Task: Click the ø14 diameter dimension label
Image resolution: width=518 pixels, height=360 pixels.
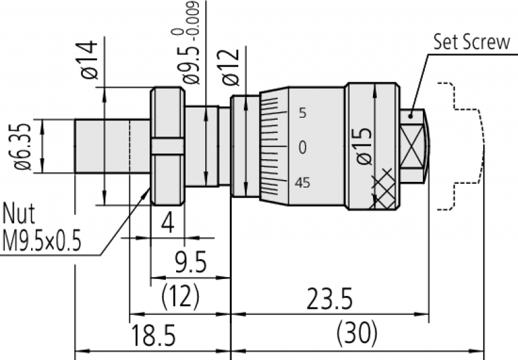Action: coord(89,60)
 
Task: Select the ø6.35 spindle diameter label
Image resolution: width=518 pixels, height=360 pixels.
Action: coord(23,147)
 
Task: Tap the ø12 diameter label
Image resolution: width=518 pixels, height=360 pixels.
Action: coord(231,67)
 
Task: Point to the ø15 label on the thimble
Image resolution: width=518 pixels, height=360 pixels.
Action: coord(364,146)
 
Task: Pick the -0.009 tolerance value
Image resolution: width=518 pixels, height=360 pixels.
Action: coord(195,18)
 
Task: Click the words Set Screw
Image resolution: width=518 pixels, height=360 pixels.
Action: coord(472,42)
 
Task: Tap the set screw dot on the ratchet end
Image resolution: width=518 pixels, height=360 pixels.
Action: coord(411,116)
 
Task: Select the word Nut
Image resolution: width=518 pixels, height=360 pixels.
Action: coord(19,214)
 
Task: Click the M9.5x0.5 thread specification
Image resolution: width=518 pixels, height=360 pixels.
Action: coord(41,240)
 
